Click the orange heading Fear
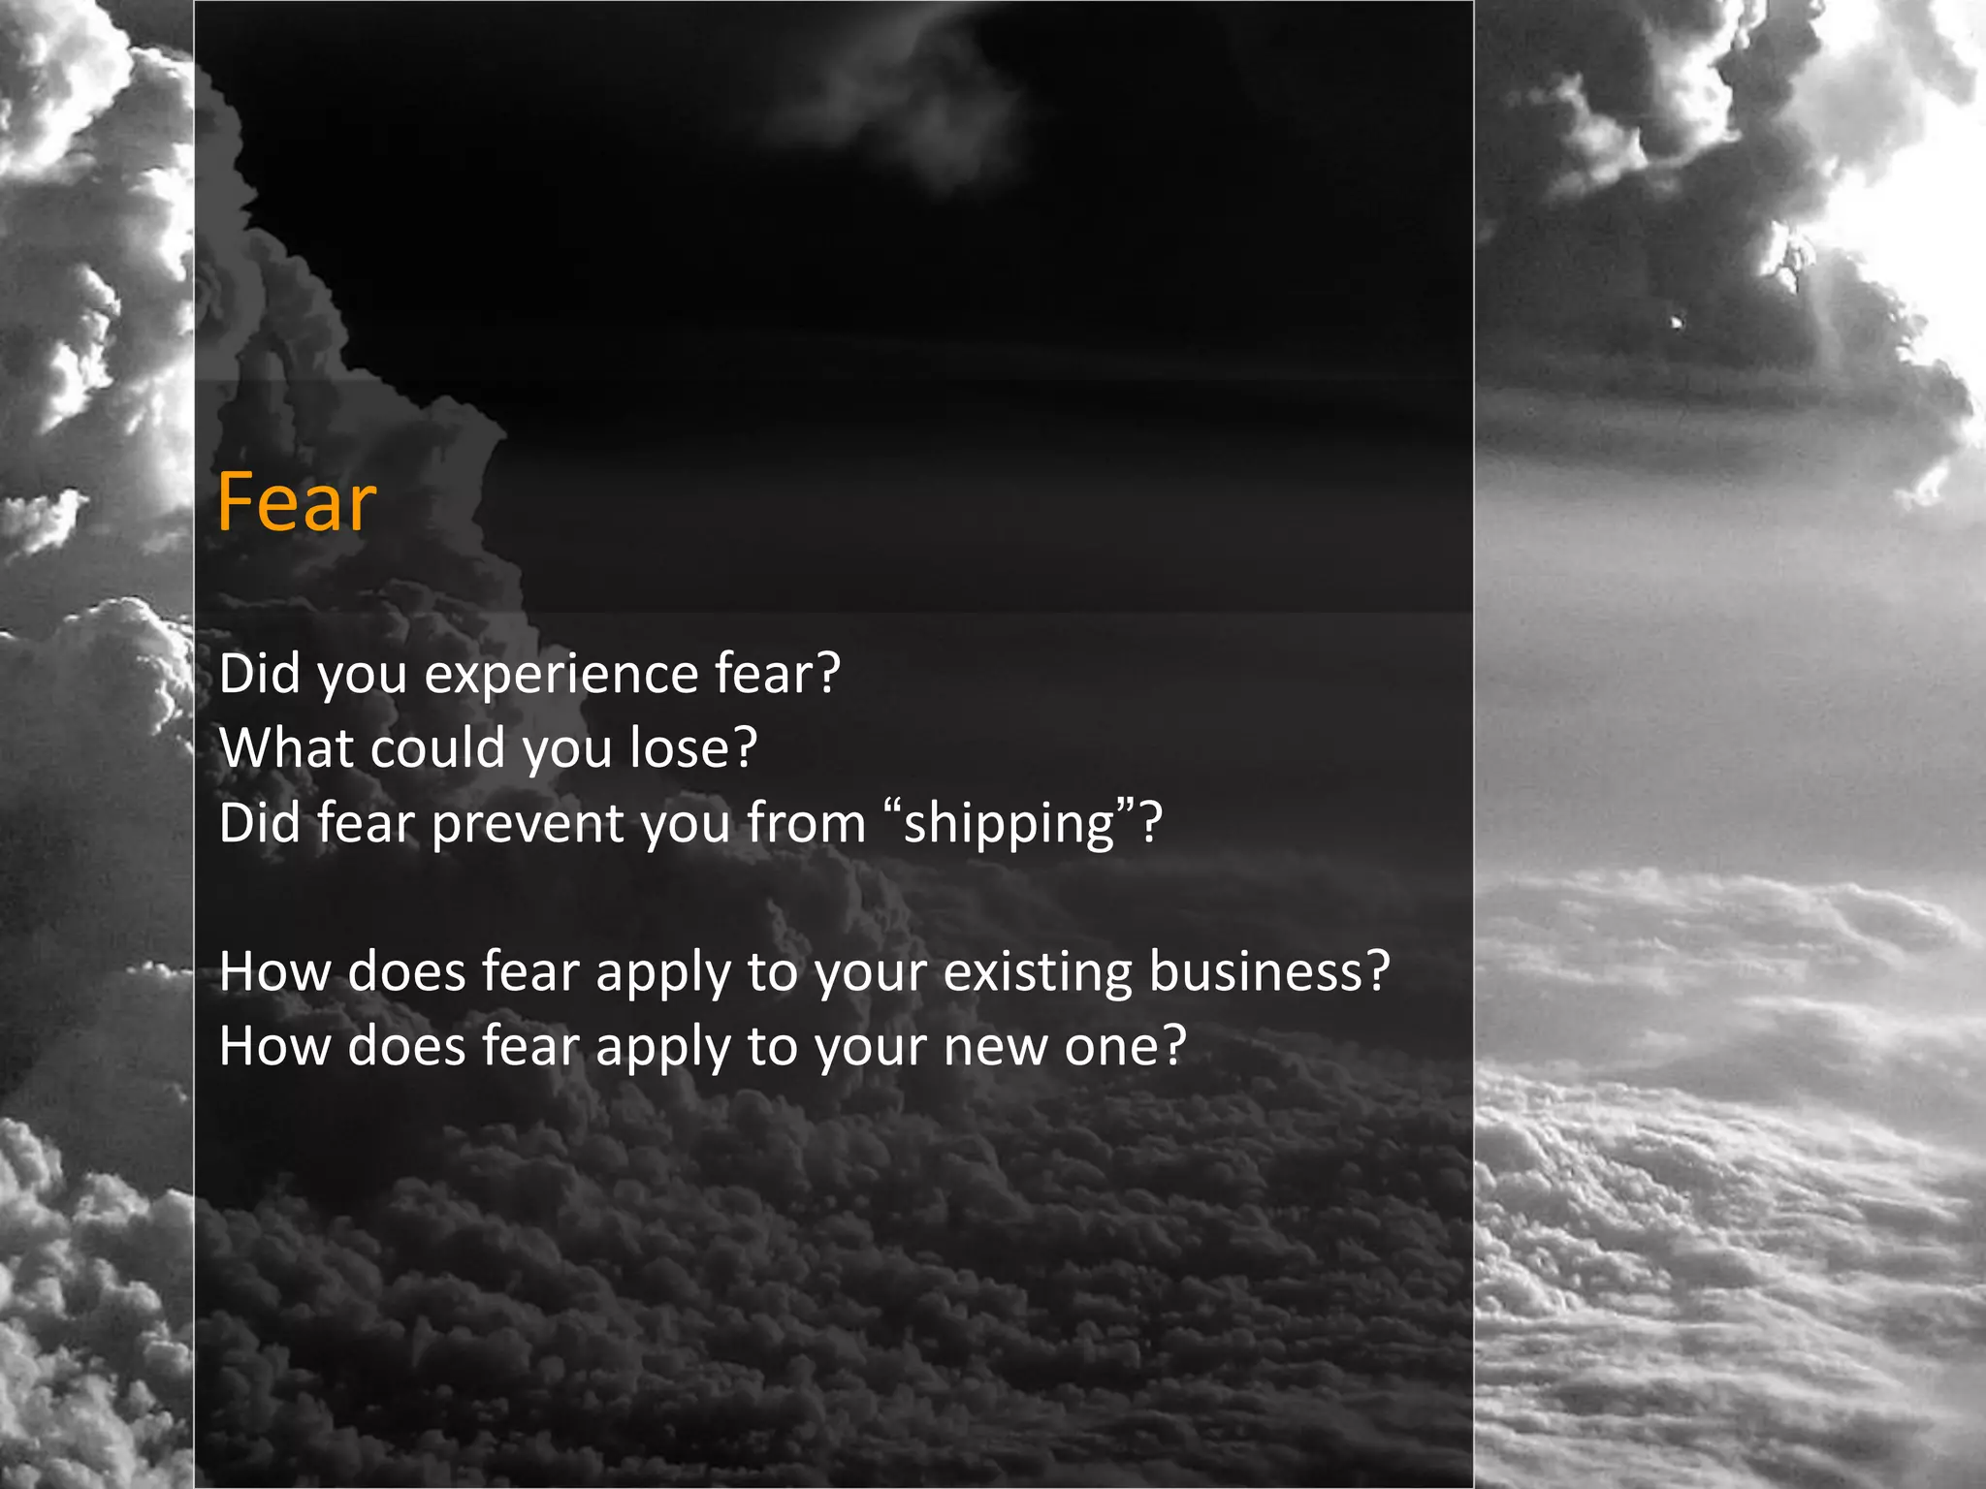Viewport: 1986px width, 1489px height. coord(296,502)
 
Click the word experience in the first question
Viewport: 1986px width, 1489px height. coord(561,674)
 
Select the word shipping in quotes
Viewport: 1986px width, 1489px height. coord(1009,824)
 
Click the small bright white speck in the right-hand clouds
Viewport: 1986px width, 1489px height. coord(1677,322)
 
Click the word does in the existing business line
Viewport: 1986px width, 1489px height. coord(406,971)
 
